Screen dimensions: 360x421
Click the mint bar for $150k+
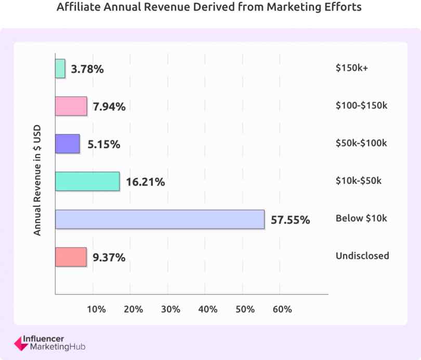tap(60, 69)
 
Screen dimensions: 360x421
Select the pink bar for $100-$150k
tap(71, 106)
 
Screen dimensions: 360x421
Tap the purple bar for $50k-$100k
tap(68, 144)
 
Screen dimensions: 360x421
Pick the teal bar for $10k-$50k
tap(87, 181)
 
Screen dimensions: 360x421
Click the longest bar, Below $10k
tap(160, 219)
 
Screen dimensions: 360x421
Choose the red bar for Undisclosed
tap(71, 257)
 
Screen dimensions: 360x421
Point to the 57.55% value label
tap(290, 220)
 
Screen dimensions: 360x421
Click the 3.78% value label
tap(87, 69)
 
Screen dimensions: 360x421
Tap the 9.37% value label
tap(109, 257)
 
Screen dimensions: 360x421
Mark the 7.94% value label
tap(109, 107)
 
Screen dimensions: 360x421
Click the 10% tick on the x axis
tap(96, 309)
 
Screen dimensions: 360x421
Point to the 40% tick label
tap(208, 309)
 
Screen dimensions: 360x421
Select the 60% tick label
tap(282, 309)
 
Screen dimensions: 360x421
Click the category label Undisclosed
tap(362, 256)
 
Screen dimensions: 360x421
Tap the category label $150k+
tap(352, 68)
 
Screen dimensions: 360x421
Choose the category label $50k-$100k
tap(361, 143)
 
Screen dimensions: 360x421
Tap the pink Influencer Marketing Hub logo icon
tap(19, 343)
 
